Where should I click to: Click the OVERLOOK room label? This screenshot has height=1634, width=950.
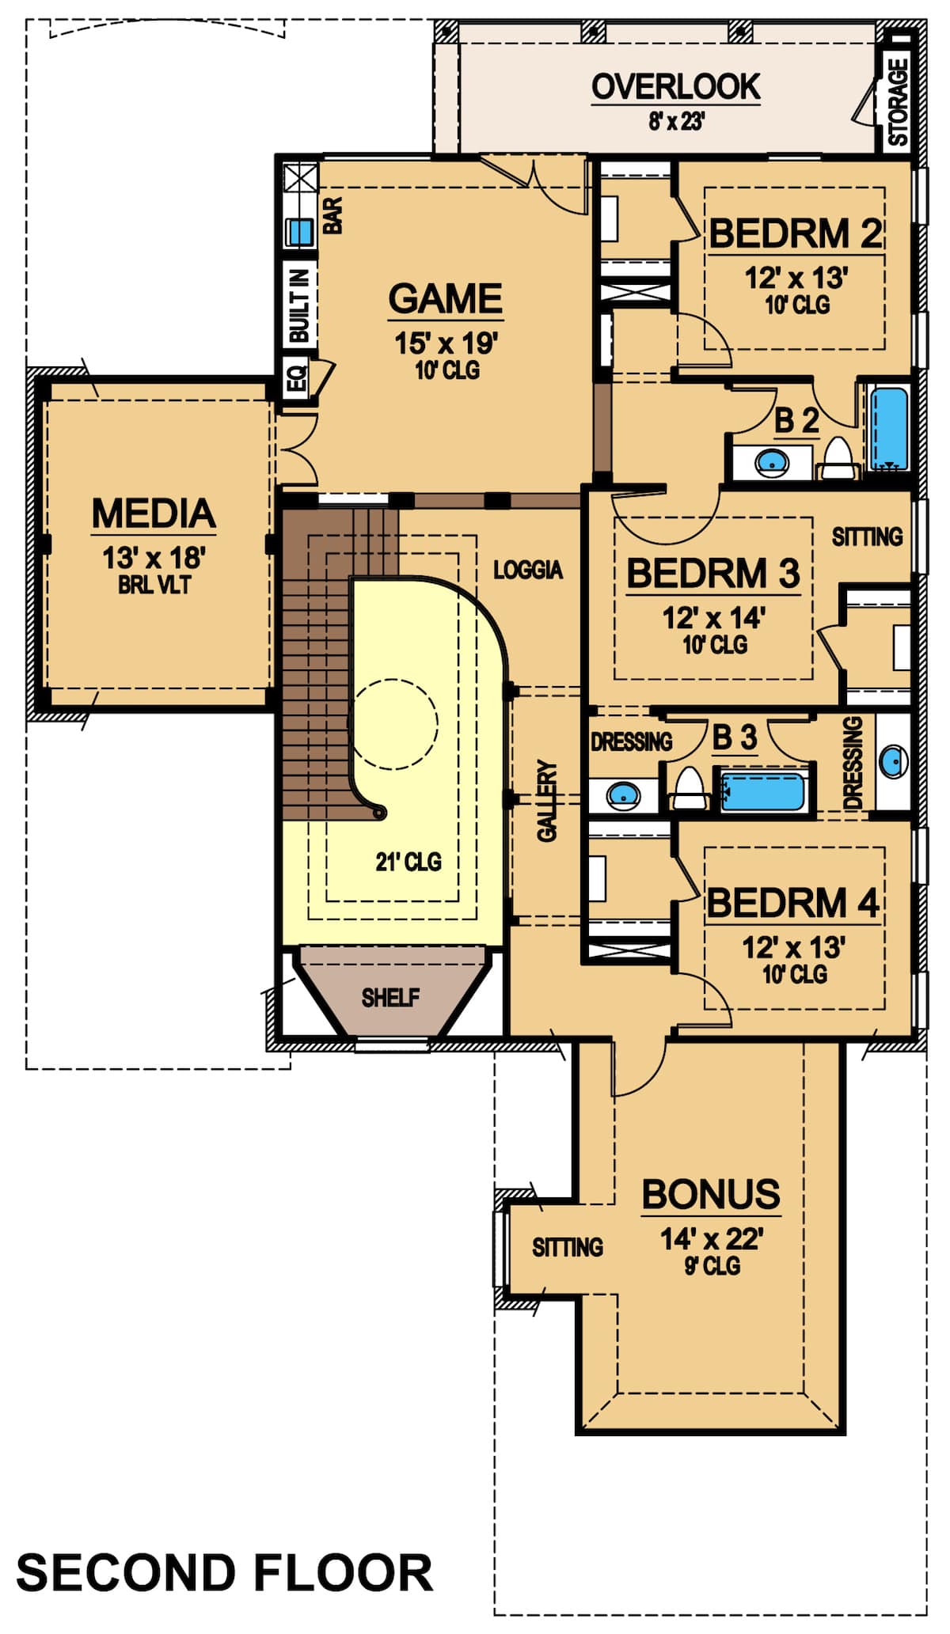click(675, 87)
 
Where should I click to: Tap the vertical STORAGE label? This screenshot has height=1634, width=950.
click(898, 103)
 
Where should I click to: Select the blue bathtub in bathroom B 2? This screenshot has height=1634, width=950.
click(889, 428)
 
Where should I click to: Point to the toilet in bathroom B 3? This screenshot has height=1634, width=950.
click(690, 788)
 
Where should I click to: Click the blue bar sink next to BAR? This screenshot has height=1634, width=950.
click(299, 232)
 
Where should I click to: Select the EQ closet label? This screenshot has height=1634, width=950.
click(296, 381)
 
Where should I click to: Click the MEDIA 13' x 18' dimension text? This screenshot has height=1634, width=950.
click(154, 558)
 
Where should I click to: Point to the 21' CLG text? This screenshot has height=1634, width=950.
click(408, 862)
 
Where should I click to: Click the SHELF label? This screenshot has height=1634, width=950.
click(390, 997)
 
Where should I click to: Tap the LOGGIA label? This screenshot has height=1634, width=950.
click(527, 570)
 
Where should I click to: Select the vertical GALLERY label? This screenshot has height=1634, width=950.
click(547, 801)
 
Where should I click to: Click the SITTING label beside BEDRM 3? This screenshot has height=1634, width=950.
click(867, 537)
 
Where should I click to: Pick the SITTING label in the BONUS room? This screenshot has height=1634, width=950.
click(567, 1248)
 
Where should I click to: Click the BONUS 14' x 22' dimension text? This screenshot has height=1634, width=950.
click(711, 1239)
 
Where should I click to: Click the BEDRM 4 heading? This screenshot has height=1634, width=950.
click(792, 903)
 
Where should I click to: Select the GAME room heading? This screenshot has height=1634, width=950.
click(446, 299)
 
